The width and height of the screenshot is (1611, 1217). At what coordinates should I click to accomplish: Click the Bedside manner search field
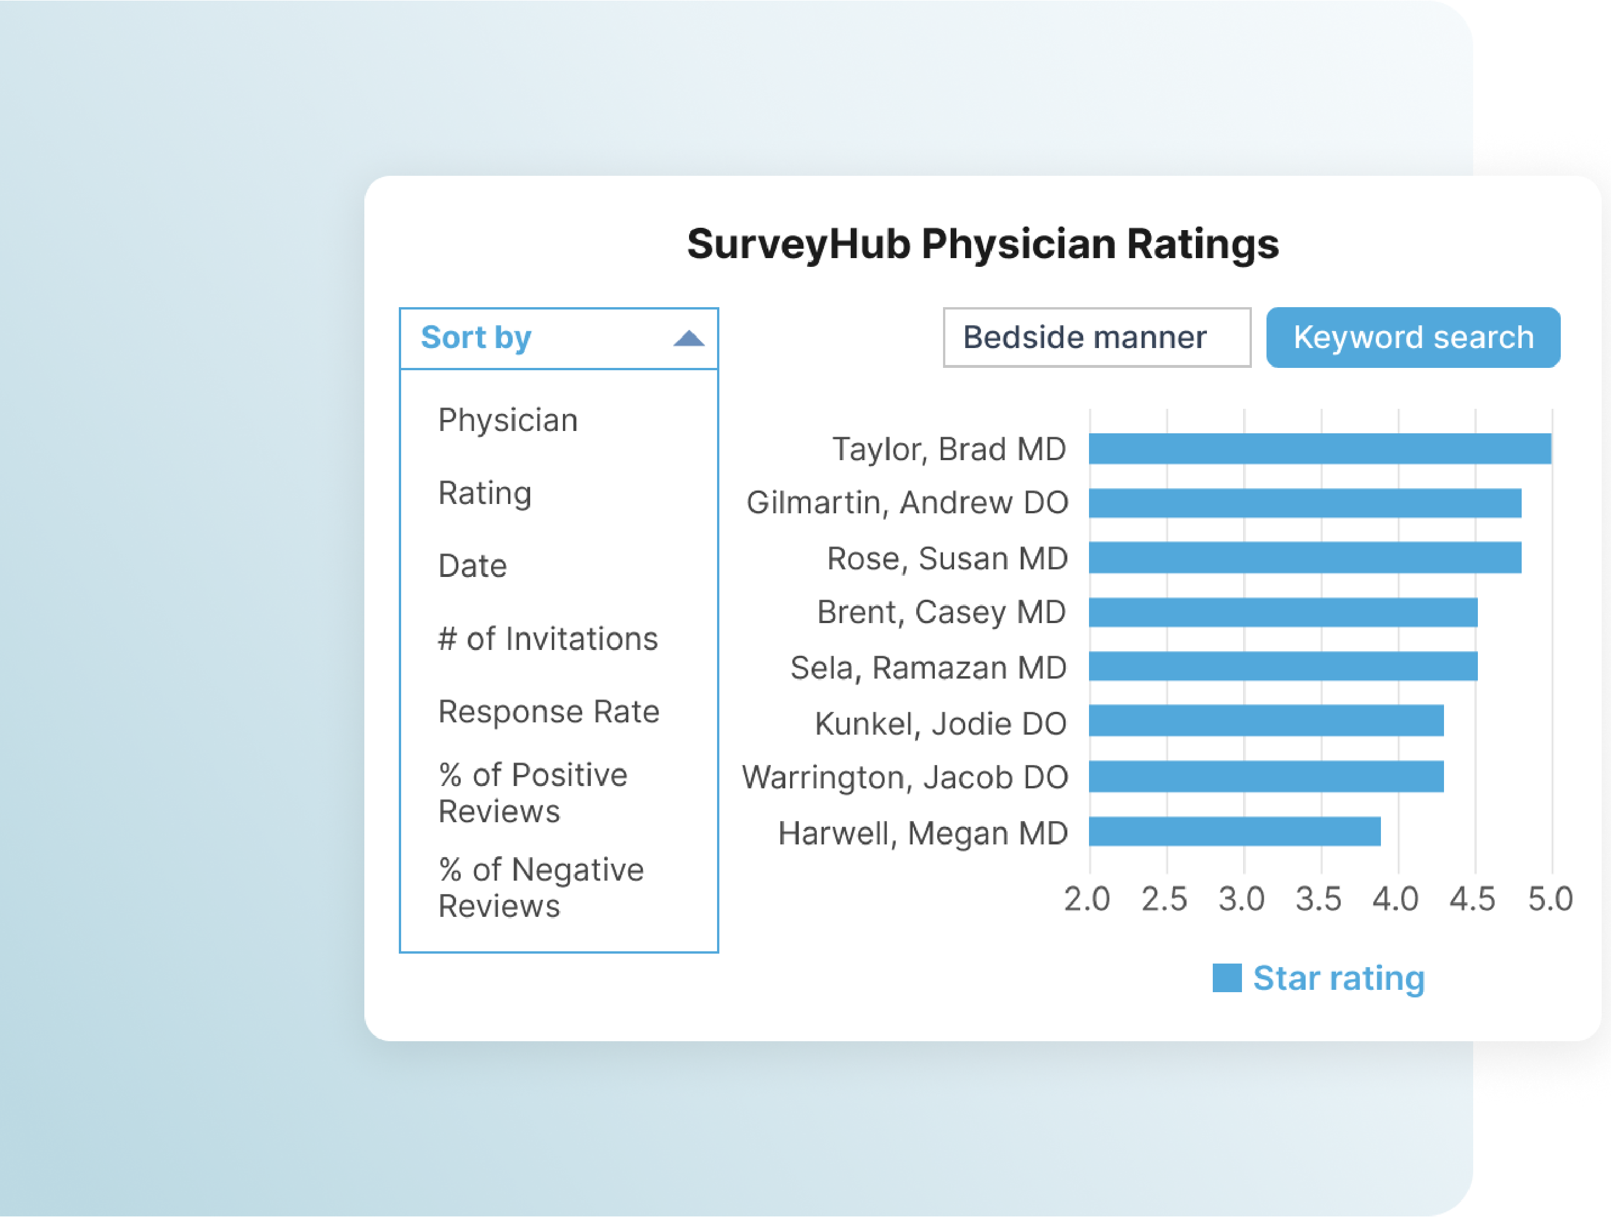[x=1096, y=337]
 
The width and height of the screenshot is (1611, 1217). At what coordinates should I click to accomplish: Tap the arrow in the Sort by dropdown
[x=688, y=338]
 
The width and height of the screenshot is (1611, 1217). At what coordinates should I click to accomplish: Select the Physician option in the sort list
[x=507, y=420]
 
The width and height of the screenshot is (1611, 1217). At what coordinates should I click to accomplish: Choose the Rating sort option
[x=484, y=493]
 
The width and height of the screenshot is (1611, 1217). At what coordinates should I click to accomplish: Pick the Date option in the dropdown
[x=472, y=566]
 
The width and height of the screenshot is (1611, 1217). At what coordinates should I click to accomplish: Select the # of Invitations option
[x=548, y=639]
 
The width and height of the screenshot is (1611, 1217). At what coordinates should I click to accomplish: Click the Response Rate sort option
[x=548, y=711]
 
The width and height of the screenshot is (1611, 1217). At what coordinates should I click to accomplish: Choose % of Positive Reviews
[x=532, y=792]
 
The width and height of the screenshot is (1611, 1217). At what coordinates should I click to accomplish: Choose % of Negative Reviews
[x=540, y=887]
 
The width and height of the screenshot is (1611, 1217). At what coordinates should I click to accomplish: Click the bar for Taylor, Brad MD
[x=1319, y=448]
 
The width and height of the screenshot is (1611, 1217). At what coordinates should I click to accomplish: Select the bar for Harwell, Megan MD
[x=1234, y=832]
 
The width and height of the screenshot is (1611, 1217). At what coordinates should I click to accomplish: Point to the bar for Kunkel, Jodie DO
[x=1265, y=720]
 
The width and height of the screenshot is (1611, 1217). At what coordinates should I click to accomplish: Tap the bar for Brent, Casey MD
[x=1282, y=612]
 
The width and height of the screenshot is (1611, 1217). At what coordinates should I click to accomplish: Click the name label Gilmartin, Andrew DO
[x=907, y=503]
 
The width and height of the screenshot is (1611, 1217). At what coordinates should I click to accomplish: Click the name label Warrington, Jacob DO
[x=904, y=777]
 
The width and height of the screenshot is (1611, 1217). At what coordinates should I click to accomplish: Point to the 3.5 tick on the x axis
[x=1318, y=899]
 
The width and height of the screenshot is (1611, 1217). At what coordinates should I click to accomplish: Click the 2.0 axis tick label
[x=1087, y=899]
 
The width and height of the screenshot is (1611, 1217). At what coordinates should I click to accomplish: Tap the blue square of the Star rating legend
[x=1226, y=978]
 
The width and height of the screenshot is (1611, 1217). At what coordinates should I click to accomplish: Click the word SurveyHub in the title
[x=798, y=244]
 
